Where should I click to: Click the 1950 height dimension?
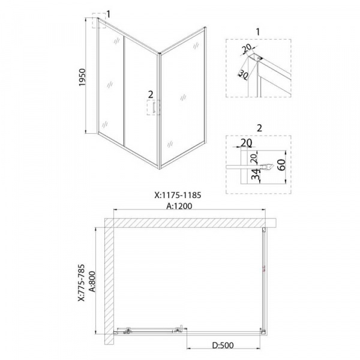pyautogui.click(x=82, y=77)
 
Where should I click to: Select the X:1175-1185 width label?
pyautogui.click(x=178, y=195)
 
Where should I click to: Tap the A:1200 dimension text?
pyautogui.click(x=179, y=206)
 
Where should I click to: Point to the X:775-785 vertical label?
pyautogui.click(x=82, y=283)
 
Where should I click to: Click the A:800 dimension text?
pyautogui.click(x=92, y=281)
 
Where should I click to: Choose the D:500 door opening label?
pyautogui.click(x=223, y=345)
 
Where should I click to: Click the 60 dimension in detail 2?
pyautogui.click(x=282, y=164)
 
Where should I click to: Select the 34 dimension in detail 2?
pyautogui.click(x=256, y=174)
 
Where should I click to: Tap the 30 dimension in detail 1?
pyautogui.click(x=243, y=74)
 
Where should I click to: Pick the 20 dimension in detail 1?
pyautogui.click(x=247, y=48)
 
